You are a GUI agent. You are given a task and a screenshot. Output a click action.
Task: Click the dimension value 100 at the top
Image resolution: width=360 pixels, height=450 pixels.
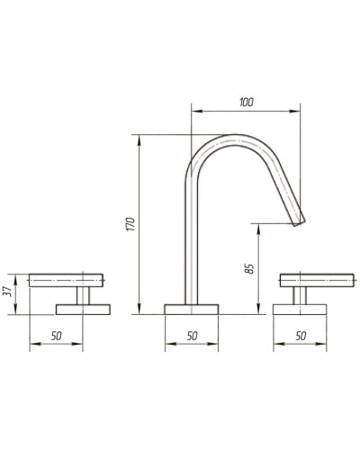(246, 103)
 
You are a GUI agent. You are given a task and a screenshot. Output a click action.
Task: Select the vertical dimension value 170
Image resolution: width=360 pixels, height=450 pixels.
(130, 224)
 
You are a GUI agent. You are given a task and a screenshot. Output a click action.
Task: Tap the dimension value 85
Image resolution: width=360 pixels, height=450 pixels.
(249, 267)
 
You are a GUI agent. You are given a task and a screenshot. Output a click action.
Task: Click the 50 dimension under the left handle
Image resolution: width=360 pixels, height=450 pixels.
(56, 336)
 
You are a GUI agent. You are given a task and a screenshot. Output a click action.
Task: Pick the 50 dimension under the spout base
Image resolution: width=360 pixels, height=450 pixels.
(191, 336)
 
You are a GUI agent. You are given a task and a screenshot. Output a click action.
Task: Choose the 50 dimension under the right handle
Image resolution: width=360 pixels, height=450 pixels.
(300, 336)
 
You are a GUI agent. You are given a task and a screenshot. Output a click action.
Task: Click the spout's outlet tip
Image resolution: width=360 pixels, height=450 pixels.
(299, 219)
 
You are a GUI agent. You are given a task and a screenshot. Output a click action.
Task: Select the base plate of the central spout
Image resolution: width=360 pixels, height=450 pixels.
(191, 309)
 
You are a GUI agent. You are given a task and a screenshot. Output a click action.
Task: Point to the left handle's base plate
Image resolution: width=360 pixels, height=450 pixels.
(83, 309)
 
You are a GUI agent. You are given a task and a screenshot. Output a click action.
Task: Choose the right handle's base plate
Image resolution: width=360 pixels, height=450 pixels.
(301, 309)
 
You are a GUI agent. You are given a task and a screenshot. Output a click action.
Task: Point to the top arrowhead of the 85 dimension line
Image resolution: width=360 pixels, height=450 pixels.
(257, 226)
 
